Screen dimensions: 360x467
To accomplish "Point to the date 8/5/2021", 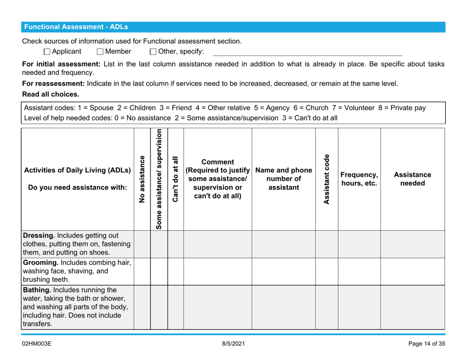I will click(233, 343).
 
